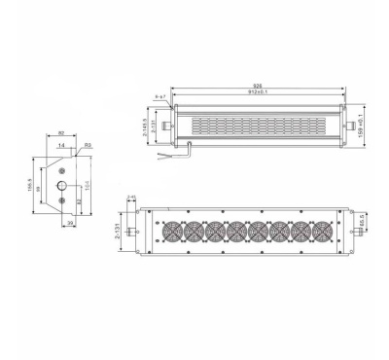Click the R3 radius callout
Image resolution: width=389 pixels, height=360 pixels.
tap(87, 144)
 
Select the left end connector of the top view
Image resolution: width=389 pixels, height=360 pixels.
tap(165, 127)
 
